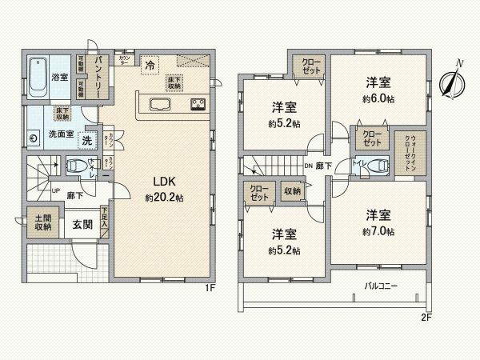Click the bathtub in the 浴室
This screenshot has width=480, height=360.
pos(37,77)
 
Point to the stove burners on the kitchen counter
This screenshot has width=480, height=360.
pos(198,104)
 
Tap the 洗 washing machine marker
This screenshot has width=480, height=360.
pos(89,140)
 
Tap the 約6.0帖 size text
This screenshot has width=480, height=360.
pos(377,98)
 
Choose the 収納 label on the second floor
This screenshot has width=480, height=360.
pos(292,190)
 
